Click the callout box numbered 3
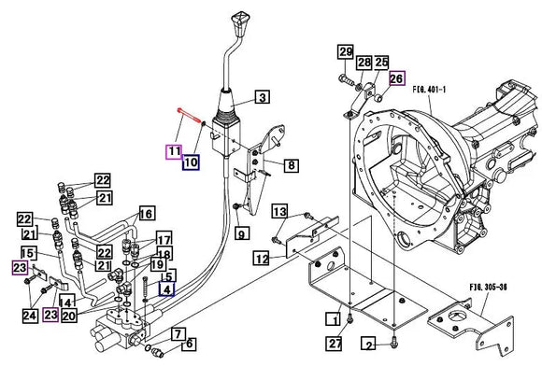point(263,97)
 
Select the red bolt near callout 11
point(189,115)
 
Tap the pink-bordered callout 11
point(174,152)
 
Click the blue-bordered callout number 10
point(191,162)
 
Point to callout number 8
point(292,165)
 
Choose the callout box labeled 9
point(242,233)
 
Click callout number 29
point(346,52)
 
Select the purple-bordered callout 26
point(396,78)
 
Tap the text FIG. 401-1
point(429,90)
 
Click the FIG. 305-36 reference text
point(488,287)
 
